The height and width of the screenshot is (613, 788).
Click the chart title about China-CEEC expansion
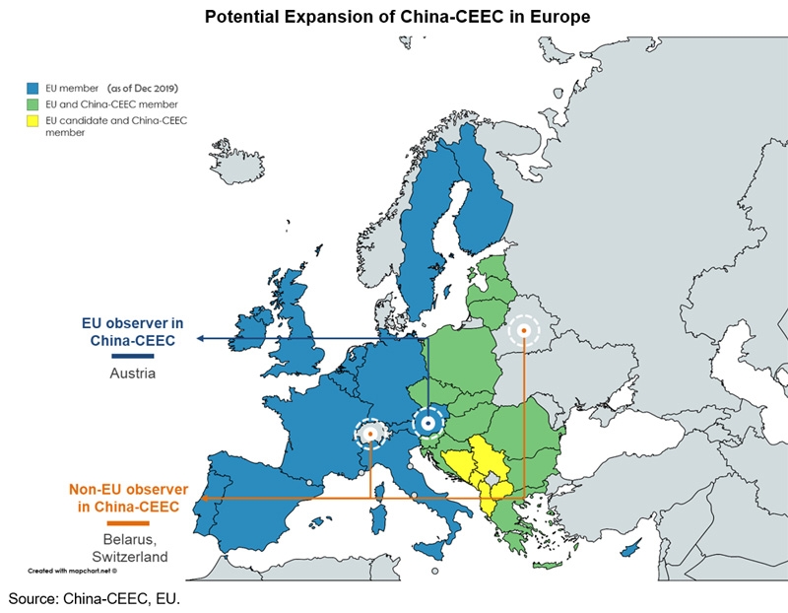click(393, 16)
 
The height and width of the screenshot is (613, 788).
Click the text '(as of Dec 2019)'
click(144, 88)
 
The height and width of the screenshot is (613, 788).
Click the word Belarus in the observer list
click(128, 539)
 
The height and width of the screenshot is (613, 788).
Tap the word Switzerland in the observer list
click(129, 557)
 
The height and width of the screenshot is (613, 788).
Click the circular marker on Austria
click(427, 423)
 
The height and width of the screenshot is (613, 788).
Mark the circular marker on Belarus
click(524, 331)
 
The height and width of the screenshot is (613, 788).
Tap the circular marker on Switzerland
click(370, 434)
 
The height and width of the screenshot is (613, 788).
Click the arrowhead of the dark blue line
click(200, 338)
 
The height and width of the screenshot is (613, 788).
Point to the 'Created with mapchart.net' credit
click(72, 570)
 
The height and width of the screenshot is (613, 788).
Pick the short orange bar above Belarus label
click(129, 522)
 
